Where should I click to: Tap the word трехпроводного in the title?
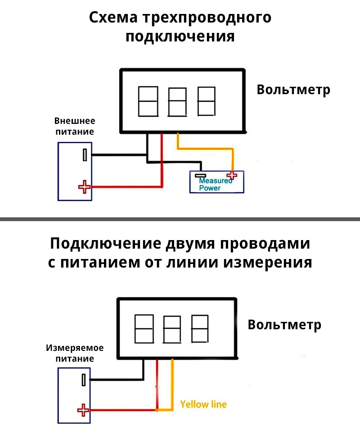click(x=207, y=19)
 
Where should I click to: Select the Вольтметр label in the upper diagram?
click(x=293, y=90)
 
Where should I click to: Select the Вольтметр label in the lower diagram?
click(x=284, y=325)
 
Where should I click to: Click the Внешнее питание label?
click(x=75, y=127)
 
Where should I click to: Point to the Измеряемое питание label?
click(x=75, y=353)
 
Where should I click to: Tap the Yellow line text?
click(x=203, y=404)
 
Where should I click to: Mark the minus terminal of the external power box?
click(x=84, y=155)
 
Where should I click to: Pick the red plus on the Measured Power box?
click(x=232, y=176)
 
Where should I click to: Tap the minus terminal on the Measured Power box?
click(x=200, y=176)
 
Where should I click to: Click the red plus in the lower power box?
click(x=83, y=410)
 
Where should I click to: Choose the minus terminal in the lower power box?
click(x=84, y=379)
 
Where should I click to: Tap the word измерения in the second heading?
click(x=275, y=262)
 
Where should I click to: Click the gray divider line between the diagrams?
click(x=180, y=219)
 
